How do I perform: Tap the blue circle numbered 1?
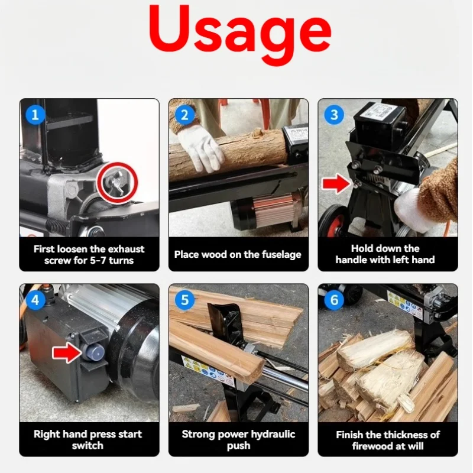[x=35, y=115]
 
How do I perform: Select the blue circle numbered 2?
[x=184, y=115]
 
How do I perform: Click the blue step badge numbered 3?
[x=334, y=115]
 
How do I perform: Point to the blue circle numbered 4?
[x=35, y=300]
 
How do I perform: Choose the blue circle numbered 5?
[x=184, y=300]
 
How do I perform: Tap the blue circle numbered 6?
[x=334, y=300]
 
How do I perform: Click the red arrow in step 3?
[x=336, y=183]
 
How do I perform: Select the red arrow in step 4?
[x=67, y=352]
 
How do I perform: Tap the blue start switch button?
[x=94, y=352]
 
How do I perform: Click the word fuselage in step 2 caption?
[x=281, y=255]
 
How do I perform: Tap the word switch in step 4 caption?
[x=88, y=446]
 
